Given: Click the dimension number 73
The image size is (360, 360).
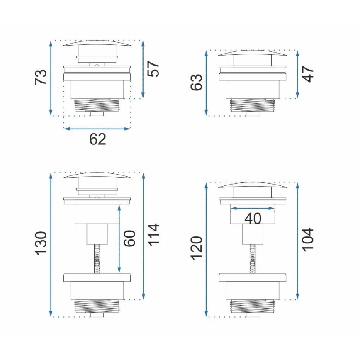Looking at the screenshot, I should click(x=41, y=78).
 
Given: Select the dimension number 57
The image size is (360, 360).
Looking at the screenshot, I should click(x=154, y=69).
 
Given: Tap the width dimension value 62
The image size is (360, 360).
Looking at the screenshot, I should click(x=98, y=139).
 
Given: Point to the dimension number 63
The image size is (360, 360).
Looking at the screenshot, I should click(x=196, y=82).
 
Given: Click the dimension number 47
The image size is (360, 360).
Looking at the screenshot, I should click(x=309, y=74).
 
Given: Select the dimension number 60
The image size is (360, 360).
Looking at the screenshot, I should click(x=130, y=238).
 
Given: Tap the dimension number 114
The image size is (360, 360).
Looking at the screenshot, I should click(x=154, y=235).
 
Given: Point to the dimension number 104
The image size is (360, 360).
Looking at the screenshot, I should click(x=309, y=239).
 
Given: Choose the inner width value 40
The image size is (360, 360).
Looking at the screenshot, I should click(x=253, y=218).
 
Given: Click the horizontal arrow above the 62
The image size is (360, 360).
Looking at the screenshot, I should click(x=97, y=129).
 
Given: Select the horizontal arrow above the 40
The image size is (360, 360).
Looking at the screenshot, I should click(x=253, y=209).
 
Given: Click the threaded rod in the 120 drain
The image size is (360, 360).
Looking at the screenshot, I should click(x=252, y=259).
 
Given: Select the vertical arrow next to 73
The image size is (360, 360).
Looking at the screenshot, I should click(x=51, y=78).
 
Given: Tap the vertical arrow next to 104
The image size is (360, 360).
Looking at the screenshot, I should click(x=297, y=241).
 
